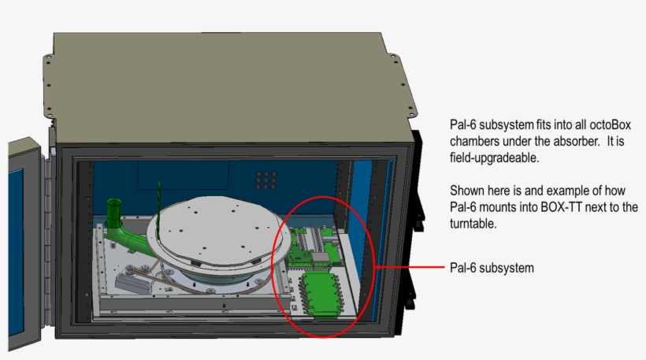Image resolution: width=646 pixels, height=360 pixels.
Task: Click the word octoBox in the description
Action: tap(611, 126)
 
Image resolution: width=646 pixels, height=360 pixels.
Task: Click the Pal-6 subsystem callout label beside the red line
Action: tap(492, 268)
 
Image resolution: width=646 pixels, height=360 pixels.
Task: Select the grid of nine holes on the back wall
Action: tap(266, 181)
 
